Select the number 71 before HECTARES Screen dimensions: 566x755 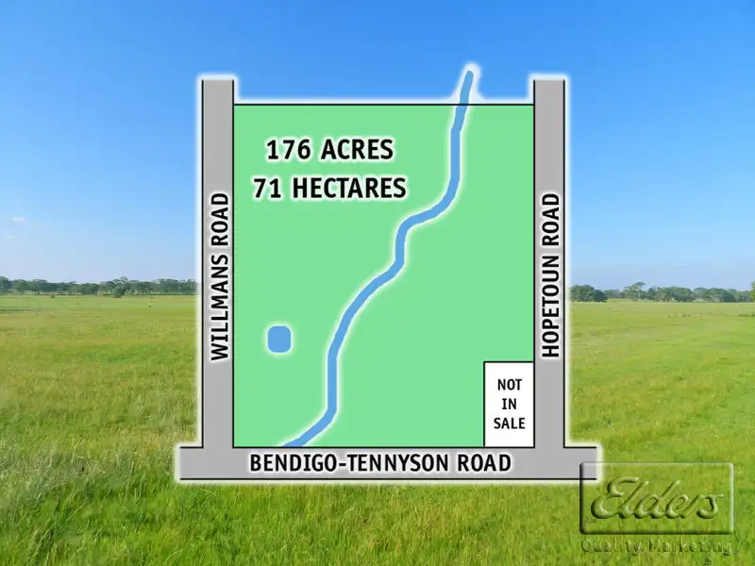pyautogui.click(x=267, y=188)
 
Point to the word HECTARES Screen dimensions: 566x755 pyautogui.click(x=348, y=188)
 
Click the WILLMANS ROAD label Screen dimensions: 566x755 pyautogui.click(x=220, y=275)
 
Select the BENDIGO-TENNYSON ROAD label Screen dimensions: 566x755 pyautogui.click(x=380, y=463)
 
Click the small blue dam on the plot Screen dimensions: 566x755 pyautogui.click(x=278, y=339)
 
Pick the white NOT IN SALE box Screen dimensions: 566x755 pyautogui.click(x=510, y=404)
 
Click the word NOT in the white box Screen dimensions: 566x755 pyautogui.click(x=510, y=385)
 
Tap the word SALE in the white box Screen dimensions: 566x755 pyautogui.click(x=510, y=424)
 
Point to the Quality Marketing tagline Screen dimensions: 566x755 pyautogui.click(x=657, y=545)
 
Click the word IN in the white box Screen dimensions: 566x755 pyautogui.click(x=510, y=405)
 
